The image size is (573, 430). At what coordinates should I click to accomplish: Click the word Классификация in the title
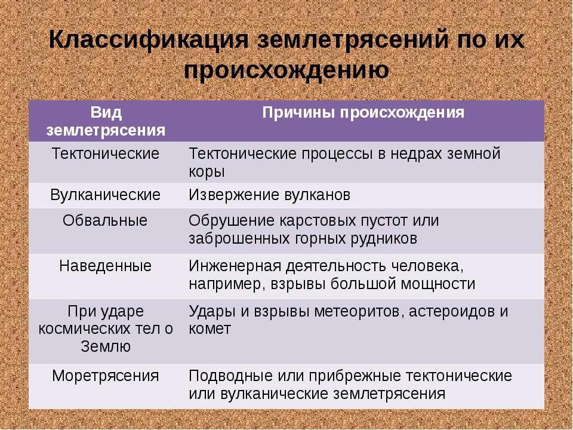[149, 39]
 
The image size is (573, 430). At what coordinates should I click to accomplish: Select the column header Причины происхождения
[363, 113]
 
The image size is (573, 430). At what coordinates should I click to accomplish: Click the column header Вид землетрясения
[106, 121]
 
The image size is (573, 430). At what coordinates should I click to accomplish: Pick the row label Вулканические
[105, 195]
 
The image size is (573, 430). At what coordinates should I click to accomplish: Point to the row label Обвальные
[105, 220]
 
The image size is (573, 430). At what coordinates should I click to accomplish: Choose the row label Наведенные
[105, 266]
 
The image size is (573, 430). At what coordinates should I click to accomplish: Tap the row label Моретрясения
[105, 376]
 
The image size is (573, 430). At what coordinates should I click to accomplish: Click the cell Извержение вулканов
[269, 195]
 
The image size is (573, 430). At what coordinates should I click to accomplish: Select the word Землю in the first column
[105, 346]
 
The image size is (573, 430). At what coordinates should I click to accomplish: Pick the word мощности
[438, 284]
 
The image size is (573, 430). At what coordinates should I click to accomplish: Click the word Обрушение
[232, 221]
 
